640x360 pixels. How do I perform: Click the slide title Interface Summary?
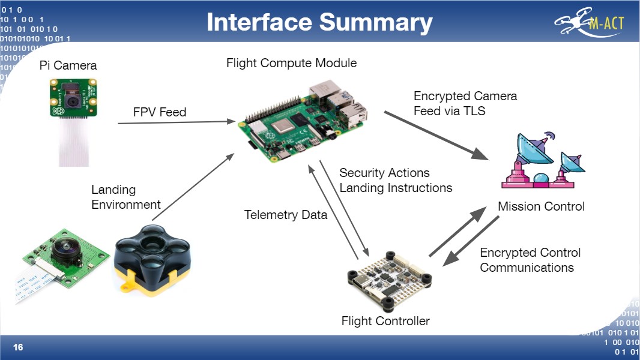[319, 22]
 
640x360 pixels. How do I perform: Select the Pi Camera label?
[68, 65]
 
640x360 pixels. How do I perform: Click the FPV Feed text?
[160, 112]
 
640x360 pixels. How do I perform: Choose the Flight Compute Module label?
[291, 63]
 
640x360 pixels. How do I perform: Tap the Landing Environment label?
[125, 197]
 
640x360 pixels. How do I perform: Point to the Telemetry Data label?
[285, 215]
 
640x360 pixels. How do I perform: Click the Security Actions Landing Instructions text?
[395, 180]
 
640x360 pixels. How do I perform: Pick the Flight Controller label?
[385, 321]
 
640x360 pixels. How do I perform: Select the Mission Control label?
[541, 206]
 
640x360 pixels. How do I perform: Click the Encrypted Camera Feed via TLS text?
[465, 103]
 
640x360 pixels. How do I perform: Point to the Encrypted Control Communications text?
[530, 260]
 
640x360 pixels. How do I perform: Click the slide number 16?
[18, 347]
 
